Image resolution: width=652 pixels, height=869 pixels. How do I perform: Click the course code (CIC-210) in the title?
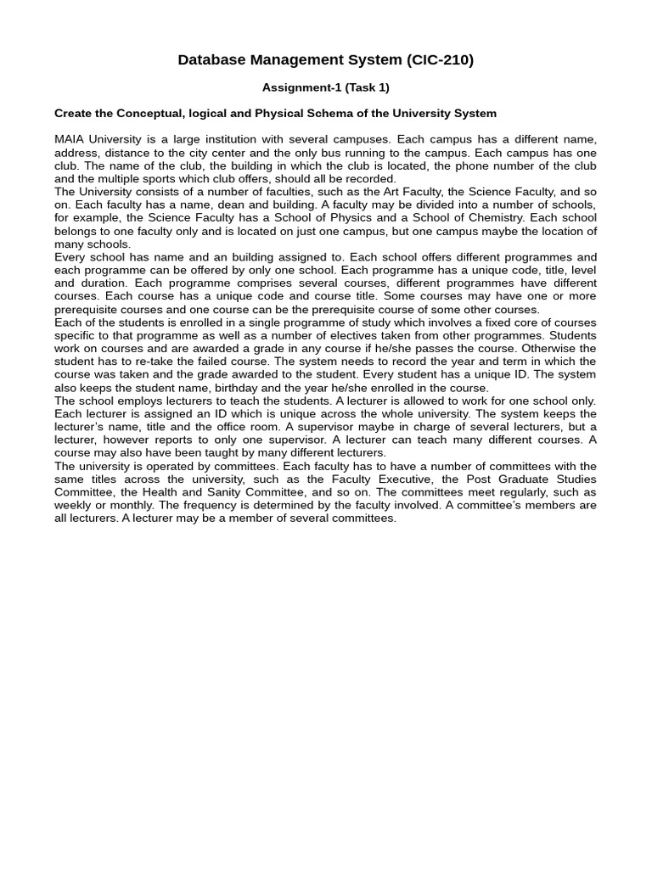point(440,59)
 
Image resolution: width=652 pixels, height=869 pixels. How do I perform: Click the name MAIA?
point(70,139)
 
